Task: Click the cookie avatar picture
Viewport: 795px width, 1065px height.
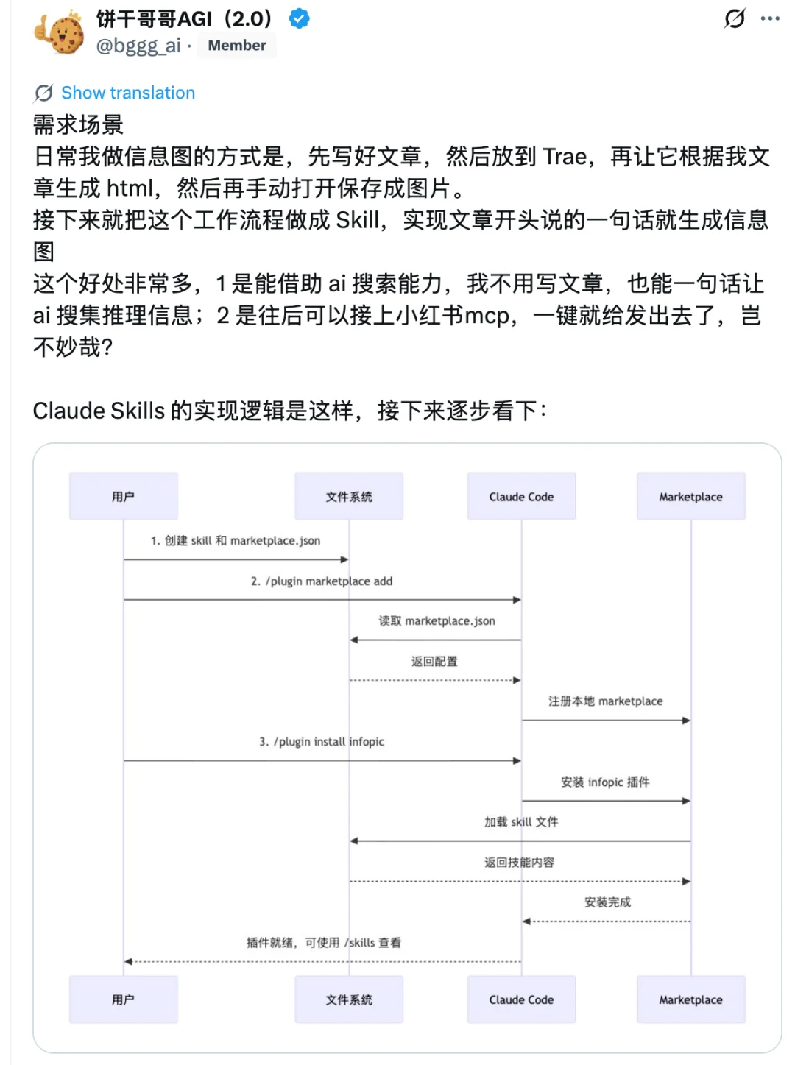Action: pyautogui.click(x=60, y=32)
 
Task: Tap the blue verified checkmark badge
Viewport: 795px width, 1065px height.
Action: pyautogui.click(x=299, y=18)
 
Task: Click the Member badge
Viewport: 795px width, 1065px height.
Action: pyautogui.click(x=236, y=46)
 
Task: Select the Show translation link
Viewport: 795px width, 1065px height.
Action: pyautogui.click(x=127, y=93)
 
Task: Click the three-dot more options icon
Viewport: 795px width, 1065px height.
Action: pyautogui.click(x=770, y=18)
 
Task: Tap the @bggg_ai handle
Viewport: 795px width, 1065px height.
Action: pyautogui.click(x=138, y=46)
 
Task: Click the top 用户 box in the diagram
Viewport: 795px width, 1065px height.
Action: pyautogui.click(x=124, y=497)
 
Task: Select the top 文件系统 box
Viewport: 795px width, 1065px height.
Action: pyautogui.click(x=349, y=497)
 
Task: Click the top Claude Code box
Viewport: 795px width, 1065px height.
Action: pyautogui.click(x=521, y=497)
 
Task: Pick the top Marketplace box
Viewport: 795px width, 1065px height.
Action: pyautogui.click(x=690, y=497)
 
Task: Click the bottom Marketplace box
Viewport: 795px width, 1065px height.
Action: pyautogui.click(x=690, y=999)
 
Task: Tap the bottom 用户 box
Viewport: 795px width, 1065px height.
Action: pyautogui.click(x=124, y=999)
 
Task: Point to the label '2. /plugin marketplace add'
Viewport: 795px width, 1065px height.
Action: pyautogui.click(x=322, y=581)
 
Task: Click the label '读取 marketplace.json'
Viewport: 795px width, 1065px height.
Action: pyautogui.click(x=437, y=621)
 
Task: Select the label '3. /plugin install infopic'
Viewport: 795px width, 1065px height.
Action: pyautogui.click(x=322, y=742)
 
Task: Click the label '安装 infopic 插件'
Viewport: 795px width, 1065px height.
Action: pyautogui.click(x=605, y=782)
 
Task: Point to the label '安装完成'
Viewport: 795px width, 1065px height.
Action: pyautogui.click(x=607, y=902)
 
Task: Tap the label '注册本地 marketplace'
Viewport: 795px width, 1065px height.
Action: pyautogui.click(x=605, y=701)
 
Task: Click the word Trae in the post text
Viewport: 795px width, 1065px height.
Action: pyautogui.click(x=565, y=157)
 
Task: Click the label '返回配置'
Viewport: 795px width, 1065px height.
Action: pyautogui.click(x=434, y=662)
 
